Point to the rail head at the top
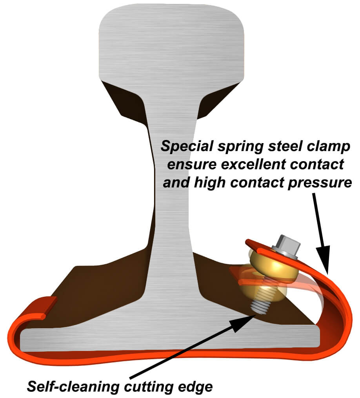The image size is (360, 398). coord(171,39)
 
